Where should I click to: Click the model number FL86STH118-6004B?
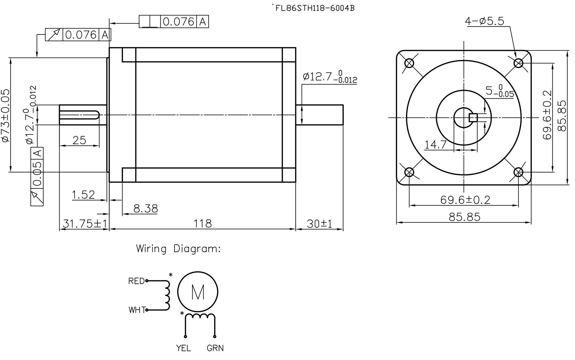(x=315, y=8)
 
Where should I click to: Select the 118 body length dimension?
(x=203, y=224)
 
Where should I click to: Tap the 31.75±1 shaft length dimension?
(x=84, y=224)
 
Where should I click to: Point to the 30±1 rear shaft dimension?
(x=319, y=224)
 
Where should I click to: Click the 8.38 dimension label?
(x=145, y=209)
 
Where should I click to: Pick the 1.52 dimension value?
(x=83, y=195)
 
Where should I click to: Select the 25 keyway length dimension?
(x=79, y=140)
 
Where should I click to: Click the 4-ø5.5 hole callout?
(x=484, y=21)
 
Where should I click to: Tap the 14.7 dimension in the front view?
(x=435, y=145)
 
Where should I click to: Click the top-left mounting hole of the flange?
(x=409, y=63)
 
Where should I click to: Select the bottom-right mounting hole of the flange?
(x=518, y=172)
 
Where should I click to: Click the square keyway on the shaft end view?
(x=473, y=118)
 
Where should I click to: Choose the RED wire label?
(x=136, y=281)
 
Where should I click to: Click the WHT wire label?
(x=137, y=310)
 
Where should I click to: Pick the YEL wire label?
(x=183, y=348)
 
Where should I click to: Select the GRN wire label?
(x=215, y=348)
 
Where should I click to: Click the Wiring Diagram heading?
(x=178, y=249)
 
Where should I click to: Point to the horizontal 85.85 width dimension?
(x=464, y=217)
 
